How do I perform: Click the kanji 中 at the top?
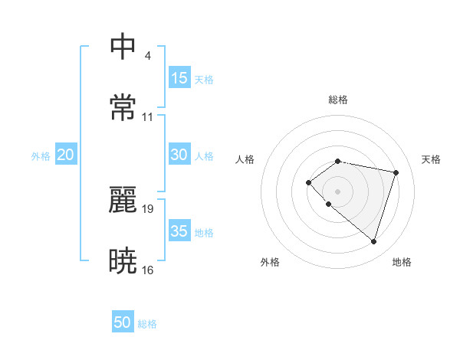[123, 47]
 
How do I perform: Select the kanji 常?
[123, 106]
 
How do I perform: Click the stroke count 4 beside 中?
[147, 56]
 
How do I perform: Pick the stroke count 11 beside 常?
[148, 116]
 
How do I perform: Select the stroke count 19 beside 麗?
[148, 208]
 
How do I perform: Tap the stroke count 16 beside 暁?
[148, 270]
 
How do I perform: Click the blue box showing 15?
[179, 78]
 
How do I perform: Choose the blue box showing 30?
[179, 155]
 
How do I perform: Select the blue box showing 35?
[179, 231]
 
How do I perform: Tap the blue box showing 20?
[65, 155]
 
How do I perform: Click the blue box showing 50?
[123, 322]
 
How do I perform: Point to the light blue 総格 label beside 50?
[147, 324]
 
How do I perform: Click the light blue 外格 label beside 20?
[41, 156]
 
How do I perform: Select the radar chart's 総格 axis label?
[338, 100]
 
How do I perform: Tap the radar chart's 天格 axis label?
[432, 159]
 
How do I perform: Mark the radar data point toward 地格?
[373, 241]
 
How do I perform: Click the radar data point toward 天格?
[396, 172]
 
